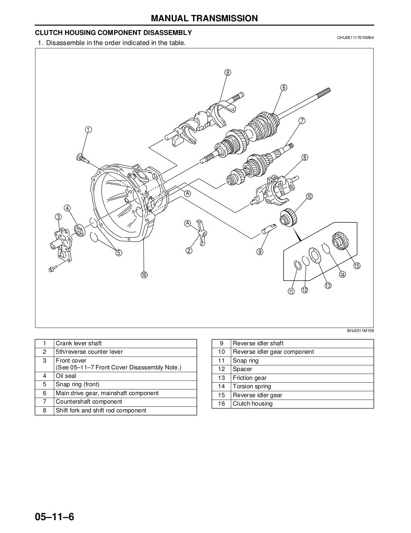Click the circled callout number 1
(x=88, y=129)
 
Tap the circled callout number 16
(x=144, y=275)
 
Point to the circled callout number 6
(x=283, y=88)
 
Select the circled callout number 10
(x=309, y=197)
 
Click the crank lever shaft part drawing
(x=81, y=158)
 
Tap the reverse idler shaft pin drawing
(x=268, y=229)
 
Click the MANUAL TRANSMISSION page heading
(x=204, y=18)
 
